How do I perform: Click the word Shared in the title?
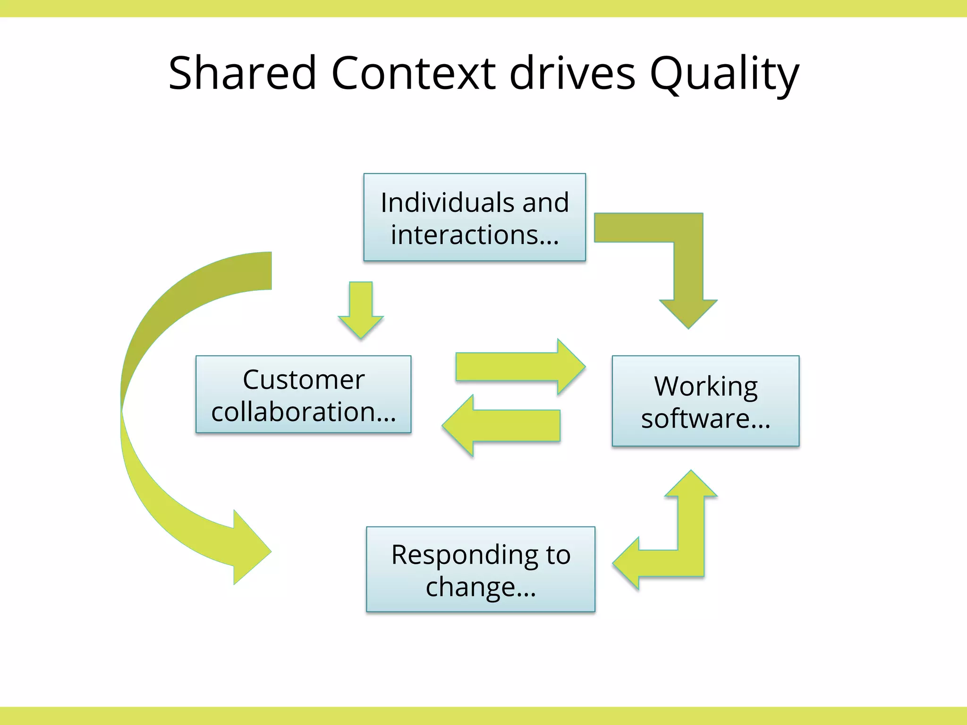[x=242, y=73]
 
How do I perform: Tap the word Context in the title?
[x=414, y=73]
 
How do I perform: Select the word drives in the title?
[x=572, y=73]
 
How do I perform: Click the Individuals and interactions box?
[x=475, y=217]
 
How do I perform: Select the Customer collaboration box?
[x=303, y=394]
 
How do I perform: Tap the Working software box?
[x=705, y=401]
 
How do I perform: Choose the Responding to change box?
[x=481, y=569]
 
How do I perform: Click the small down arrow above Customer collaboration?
[x=361, y=309]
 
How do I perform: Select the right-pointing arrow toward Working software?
[x=519, y=367]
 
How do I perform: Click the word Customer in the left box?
[x=304, y=379]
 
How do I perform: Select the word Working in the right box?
[x=706, y=387]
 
